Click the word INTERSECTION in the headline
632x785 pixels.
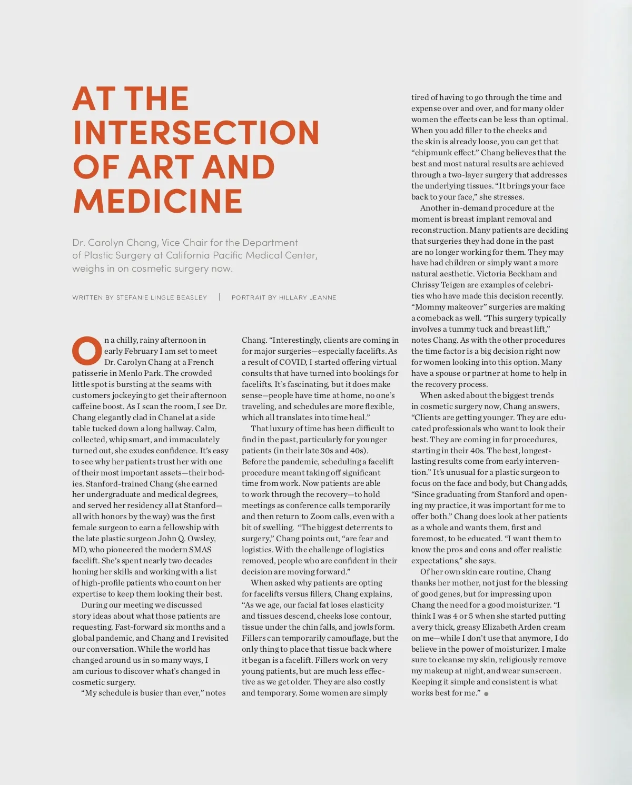click(196, 132)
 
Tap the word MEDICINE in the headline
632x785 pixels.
click(158, 201)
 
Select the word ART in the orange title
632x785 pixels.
click(163, 166)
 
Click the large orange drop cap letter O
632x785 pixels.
click(86, 351)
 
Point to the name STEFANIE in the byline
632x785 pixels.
click(134, 297)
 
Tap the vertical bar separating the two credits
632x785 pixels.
click(220, 297)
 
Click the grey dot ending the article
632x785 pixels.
click(486, 694)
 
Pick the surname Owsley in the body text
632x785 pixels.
click(200, 539)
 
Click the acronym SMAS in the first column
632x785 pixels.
click(200, 550)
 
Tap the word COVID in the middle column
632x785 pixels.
click(292, 362)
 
